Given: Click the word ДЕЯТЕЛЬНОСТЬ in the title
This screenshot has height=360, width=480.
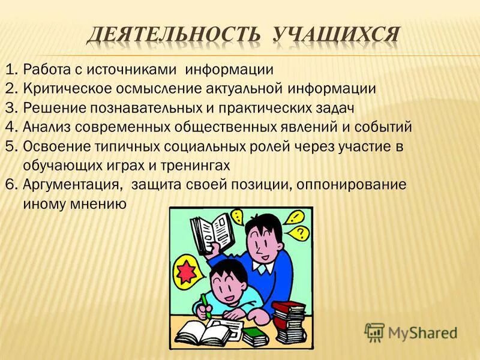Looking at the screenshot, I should click(x=173, y=34).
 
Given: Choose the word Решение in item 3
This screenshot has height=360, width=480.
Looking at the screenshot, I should click(x=50, y=108).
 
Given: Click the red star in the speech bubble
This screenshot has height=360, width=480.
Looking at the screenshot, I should click(x=187, y=268).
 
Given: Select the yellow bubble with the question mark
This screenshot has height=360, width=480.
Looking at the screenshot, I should click(x=301, y=231).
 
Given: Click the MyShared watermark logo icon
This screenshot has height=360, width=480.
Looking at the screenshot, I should click(x=374, y=332).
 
